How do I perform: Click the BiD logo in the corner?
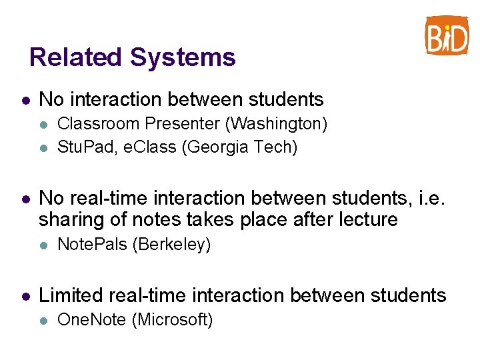[447, 35]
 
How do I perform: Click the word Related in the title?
[76, 57]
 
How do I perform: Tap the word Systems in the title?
[183, 57]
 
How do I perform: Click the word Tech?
[273, 147]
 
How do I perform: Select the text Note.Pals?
[93, 245]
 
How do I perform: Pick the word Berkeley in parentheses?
[171, 245]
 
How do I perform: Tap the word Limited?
[69, 295]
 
